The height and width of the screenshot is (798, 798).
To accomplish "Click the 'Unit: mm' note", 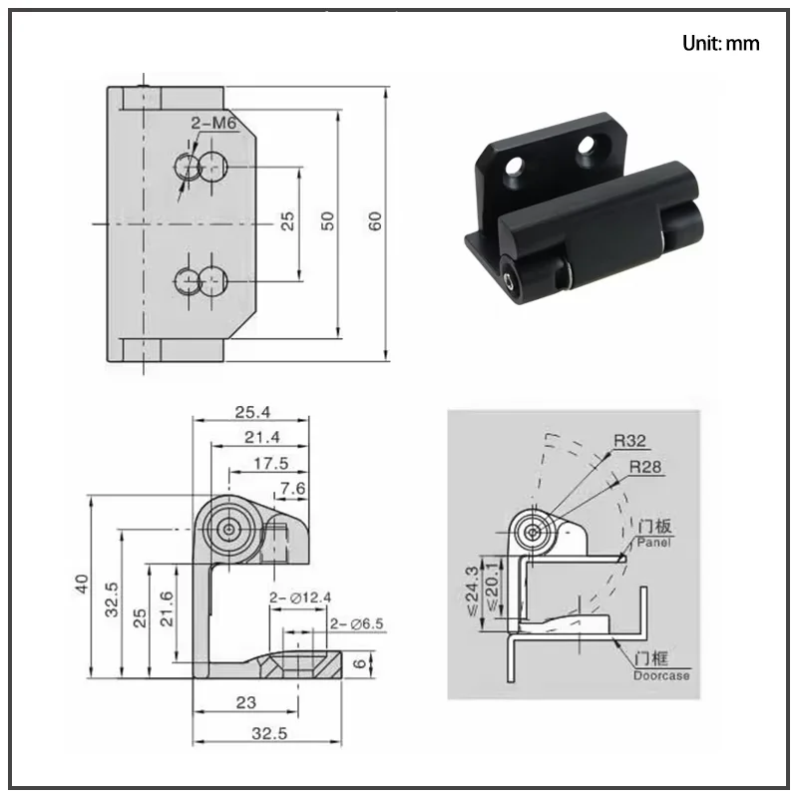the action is click(x=720, y=43).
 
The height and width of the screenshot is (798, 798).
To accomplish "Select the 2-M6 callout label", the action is click(x=213, y=123).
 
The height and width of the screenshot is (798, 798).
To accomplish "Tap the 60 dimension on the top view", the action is click(x=375, y=221).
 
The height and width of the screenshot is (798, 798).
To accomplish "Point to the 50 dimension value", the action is click(x=328, y=221).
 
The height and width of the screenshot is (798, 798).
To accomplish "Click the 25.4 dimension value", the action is click(x=252, y=412).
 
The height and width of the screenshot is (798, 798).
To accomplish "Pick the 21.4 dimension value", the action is click(x=262, y=437).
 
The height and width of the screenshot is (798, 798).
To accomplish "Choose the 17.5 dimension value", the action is click(x=270, y=463).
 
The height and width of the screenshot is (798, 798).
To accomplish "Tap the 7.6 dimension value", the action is click(x=292, y=489).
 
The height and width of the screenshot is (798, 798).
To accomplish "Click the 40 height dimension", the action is click(x=82, y=584).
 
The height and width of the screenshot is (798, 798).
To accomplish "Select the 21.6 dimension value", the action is click(x=167, y=608).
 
